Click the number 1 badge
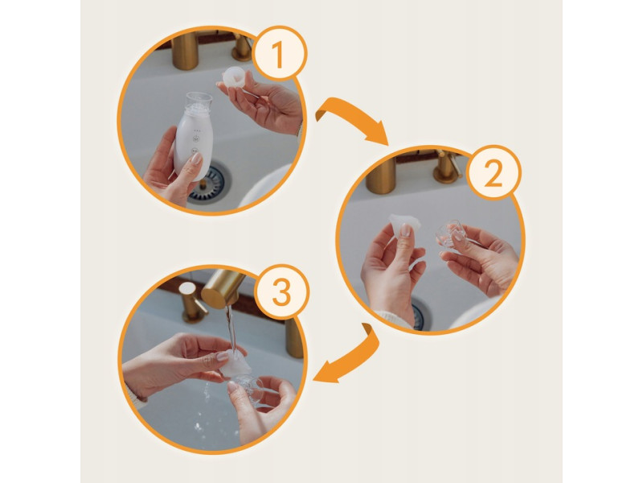pos(279,53)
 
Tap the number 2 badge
pos(494,172)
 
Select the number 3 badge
pos(281,292)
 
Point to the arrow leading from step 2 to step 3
pos(353,361)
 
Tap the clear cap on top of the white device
pos(199,103)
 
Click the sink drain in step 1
pos(210,183)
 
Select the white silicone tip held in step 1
pos(233,77)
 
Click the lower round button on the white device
pos(195,151)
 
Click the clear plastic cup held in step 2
pos(449,234)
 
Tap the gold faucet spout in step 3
pos(222,288)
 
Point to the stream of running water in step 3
pos(231,328)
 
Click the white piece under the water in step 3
pos(235,364)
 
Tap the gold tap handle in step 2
pos(446,167)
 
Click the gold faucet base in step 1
pos(186,51)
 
